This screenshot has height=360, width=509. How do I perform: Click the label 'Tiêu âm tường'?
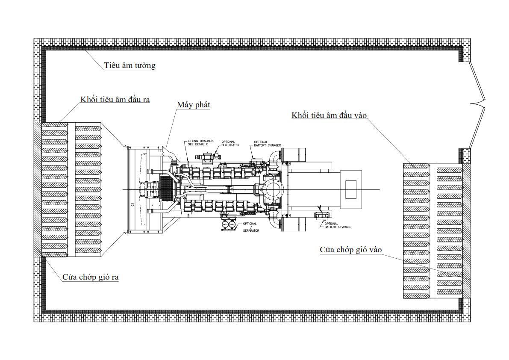(129, 65)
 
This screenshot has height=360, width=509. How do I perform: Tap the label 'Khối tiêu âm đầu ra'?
(115, 100)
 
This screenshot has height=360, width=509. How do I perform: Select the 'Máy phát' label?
(194, 105)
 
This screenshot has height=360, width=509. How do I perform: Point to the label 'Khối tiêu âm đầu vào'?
(329, 115)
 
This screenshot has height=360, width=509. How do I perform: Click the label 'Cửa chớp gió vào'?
(350, 250)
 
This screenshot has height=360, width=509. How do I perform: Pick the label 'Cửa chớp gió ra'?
(91, 277)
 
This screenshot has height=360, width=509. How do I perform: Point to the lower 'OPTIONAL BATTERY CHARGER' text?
(338, 225)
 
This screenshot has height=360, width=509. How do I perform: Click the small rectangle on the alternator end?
(351, 189)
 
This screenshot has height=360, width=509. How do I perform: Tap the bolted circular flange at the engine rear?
(273, 189)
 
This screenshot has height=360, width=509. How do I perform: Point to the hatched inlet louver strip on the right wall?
(467, 231)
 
